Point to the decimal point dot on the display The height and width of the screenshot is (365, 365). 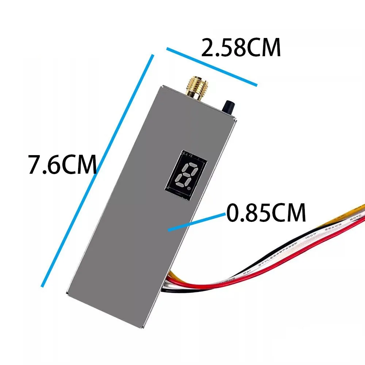pos(189,189)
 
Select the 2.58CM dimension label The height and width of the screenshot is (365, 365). pos(241,48)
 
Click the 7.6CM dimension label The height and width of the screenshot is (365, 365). pos(63,165)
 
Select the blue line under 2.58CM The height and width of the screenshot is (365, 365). pos(212,66)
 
